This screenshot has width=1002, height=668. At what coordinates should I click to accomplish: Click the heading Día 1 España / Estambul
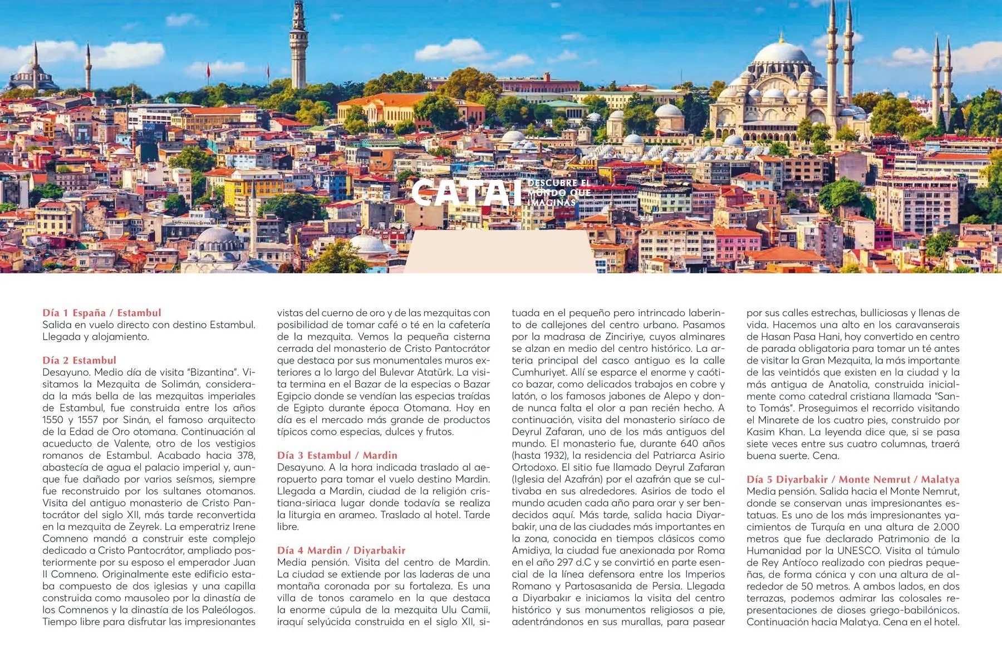pyautogui.click(x=102, y=313)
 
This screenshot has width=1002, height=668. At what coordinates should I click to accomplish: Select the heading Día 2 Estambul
pyautogui.click(x=80, y=360)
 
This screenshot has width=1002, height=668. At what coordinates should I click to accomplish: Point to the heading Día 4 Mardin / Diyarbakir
pyautogui.click(x=341, y=551)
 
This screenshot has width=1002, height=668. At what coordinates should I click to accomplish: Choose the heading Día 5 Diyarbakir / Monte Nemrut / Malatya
pyautogui.click(x=853, y=479)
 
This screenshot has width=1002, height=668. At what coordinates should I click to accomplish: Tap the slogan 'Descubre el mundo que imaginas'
pyautogui.click(x=558, y=193)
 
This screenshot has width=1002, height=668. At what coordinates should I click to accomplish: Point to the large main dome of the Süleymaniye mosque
pyautogui.click(x=781, y=54)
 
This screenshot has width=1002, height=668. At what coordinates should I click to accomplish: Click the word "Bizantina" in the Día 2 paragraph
pyautogui.click(x=214, y=372)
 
